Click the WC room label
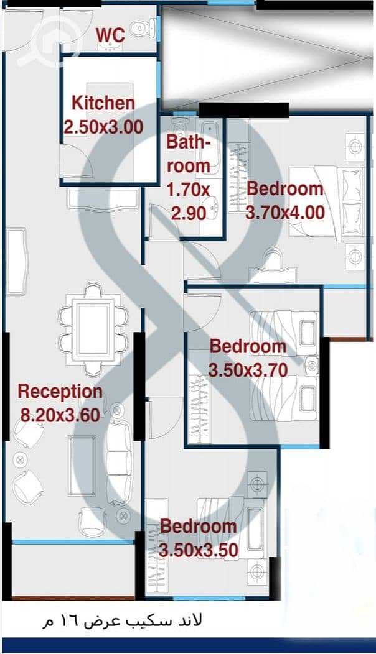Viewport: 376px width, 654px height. click(110, 35)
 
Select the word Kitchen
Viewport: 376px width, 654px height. click(103, 103)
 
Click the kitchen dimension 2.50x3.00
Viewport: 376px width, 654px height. click(103, 127)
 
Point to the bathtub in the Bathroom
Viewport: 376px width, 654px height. click(210, 148)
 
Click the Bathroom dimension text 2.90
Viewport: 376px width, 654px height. click(189, 214)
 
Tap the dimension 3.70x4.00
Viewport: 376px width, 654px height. click(285, 213)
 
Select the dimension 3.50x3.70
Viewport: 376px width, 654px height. click(248, 370)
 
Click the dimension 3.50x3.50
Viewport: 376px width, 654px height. click(199, 550)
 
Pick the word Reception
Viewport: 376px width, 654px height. click(60, 392)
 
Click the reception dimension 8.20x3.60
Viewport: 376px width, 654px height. click(60, 415)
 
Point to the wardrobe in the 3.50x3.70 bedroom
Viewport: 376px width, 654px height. click(199, 409)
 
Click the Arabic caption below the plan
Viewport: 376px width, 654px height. click(122, 621)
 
